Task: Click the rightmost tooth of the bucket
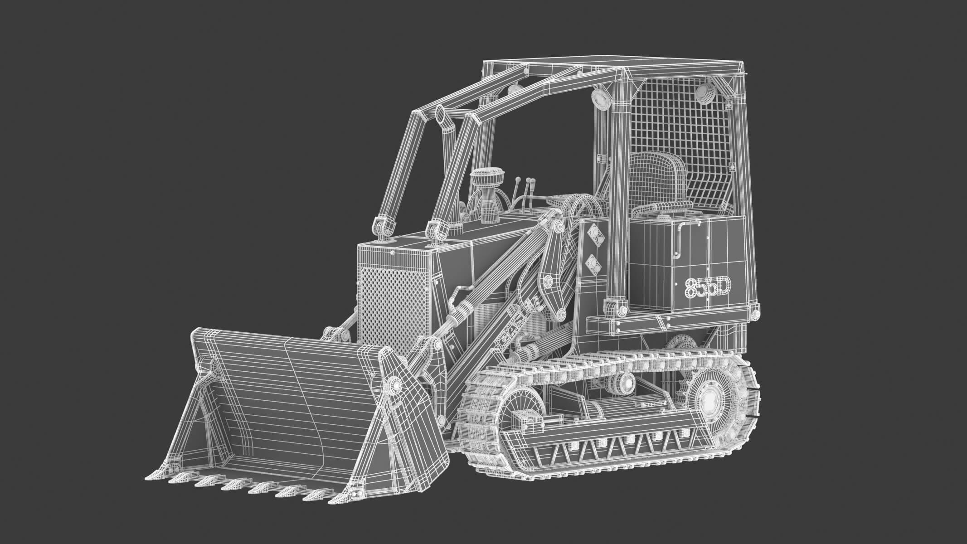(x=339, y=497)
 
